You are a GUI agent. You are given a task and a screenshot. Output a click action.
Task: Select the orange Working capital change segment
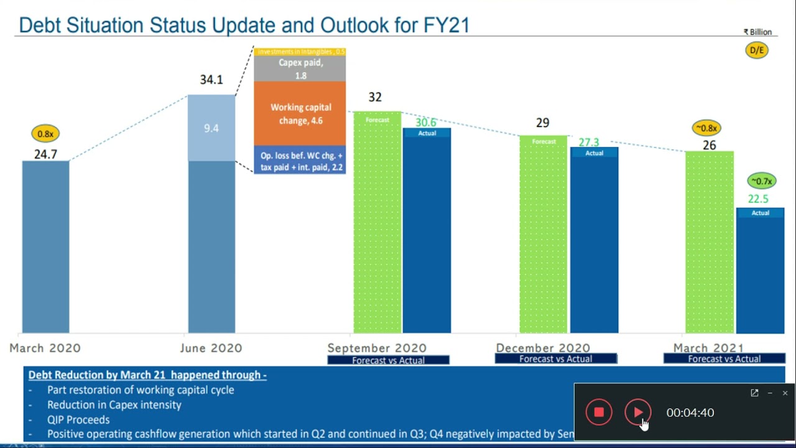pyautogui.click(x=300, y=114)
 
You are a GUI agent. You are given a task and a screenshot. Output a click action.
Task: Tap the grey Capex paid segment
pyautogui.click(x=300, y=69)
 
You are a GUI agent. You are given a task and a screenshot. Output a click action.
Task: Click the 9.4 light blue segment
pyautogui.click(x=211, y=128)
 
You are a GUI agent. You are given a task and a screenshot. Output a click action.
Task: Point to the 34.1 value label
pyautogui.click(x=211, y=80)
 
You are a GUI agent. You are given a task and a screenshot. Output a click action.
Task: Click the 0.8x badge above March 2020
pyautogui.click(x=45, y=134)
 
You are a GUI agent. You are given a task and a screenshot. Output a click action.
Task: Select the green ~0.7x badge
pyautogui.click(x=761, y=181)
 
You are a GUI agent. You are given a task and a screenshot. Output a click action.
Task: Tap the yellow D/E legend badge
pyautogui.click(x=757, y=50)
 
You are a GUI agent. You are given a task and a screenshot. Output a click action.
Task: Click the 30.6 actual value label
pyautogui.click(x=426, y=123)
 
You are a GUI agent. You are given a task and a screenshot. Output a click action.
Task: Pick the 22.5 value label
pyautogui.click(x=758, y=199)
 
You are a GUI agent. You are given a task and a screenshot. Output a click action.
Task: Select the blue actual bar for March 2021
pyautogui.click(x=760, y=274)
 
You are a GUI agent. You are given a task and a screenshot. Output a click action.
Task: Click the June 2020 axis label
pyautogui.click(x=211, y=348)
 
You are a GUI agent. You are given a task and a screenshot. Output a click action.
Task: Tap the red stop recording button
pyautogui.click(x=599, y=413)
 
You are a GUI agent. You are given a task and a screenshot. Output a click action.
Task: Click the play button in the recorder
pyautogui.click(x=637, y=413)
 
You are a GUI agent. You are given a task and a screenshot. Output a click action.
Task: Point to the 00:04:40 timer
pyautogui.click(x=690, y=413)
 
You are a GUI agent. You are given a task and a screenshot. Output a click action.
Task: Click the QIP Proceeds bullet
pyautogui.click(x=78, y=419)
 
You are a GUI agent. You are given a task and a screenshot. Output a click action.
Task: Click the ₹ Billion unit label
pyautogui.click(x=757, y=32)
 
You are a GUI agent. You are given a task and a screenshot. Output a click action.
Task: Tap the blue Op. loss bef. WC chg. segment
pyautogui.click(x=300, y=161)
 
